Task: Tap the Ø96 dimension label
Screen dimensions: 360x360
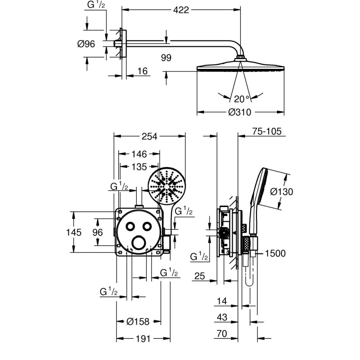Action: coord(85,44)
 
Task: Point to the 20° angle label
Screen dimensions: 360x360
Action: coord(242,99)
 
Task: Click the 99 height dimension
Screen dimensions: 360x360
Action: coord(166,57)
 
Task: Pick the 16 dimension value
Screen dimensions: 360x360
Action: coord(142,71)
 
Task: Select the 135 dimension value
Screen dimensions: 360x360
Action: coord(139,167)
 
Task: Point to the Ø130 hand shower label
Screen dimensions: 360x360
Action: coord(282,192)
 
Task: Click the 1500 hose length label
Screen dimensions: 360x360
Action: coord(275,254)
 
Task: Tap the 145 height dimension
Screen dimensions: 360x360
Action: coord(73,232)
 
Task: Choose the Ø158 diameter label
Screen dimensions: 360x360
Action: coord(138,321)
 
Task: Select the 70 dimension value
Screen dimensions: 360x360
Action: coord(221,334)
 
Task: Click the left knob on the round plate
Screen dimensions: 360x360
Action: coord(131,226)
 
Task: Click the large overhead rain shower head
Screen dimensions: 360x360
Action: coord(241,68)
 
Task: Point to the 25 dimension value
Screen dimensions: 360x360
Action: coord(199,276)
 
